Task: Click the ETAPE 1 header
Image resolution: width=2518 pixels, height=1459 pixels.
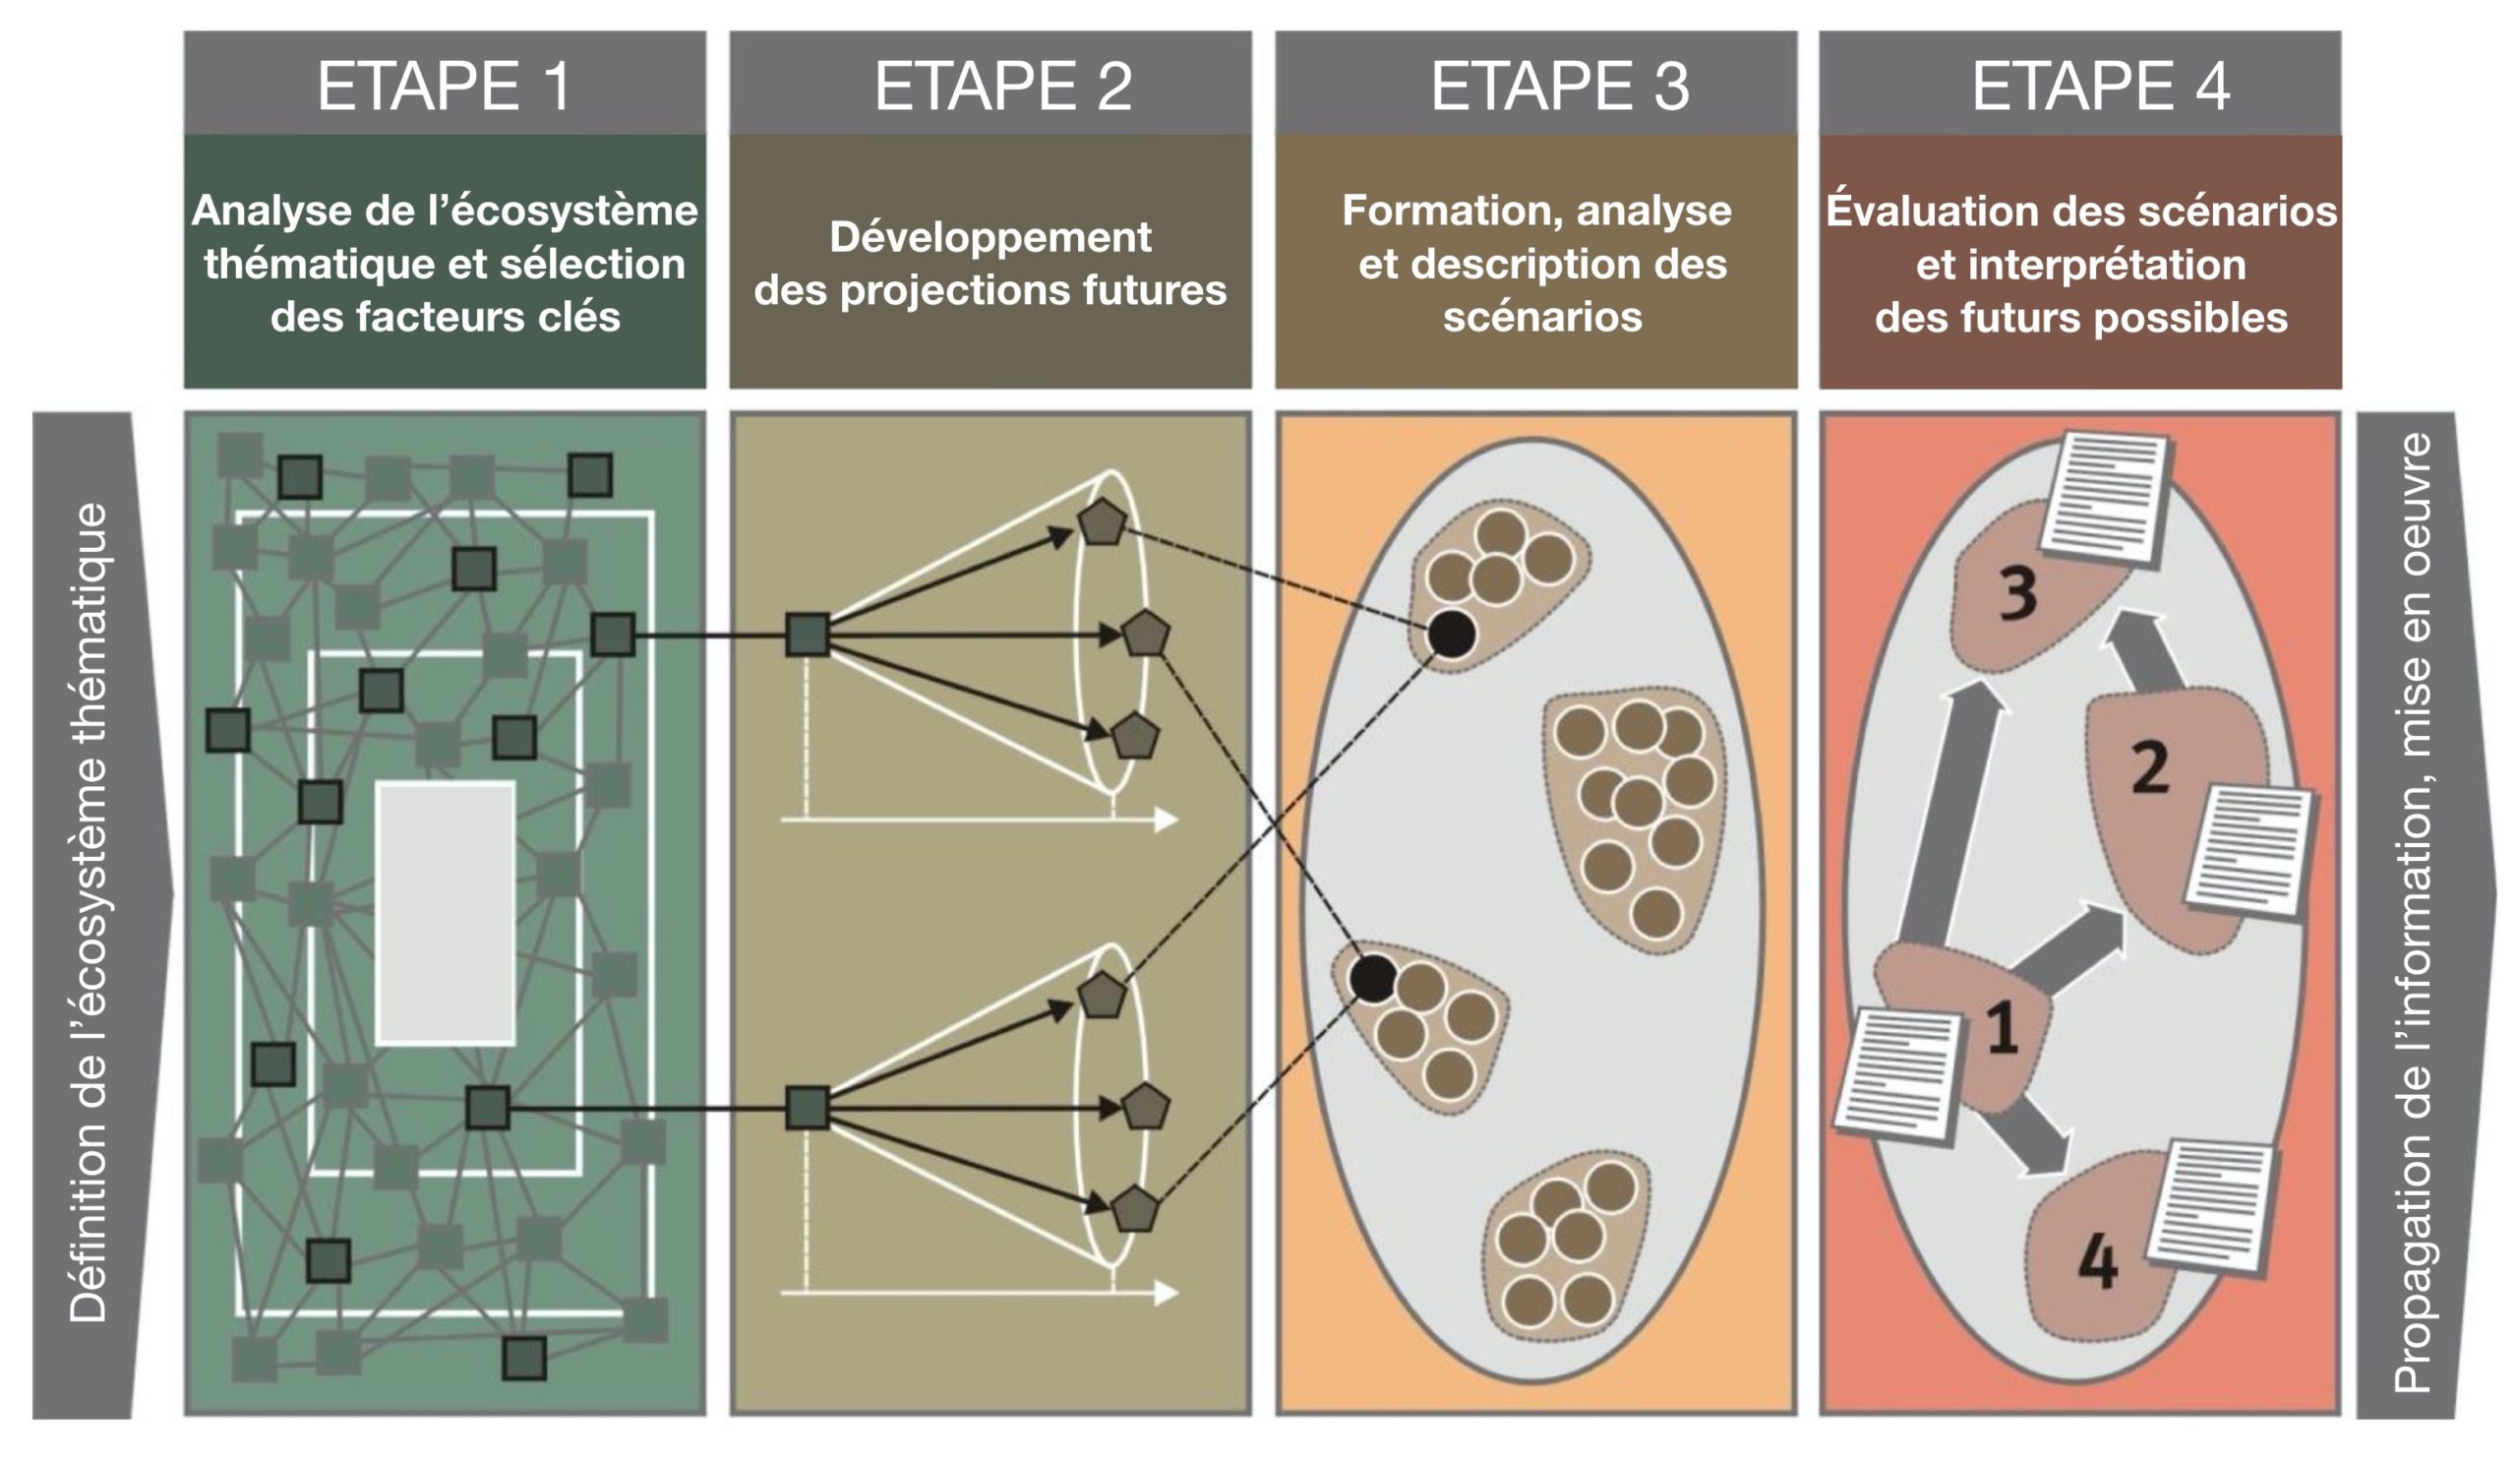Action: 445,85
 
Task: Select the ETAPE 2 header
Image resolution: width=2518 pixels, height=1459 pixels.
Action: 1002,85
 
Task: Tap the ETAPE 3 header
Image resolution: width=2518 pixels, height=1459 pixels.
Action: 1559,85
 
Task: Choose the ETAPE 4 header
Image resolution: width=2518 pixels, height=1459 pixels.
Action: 2100,85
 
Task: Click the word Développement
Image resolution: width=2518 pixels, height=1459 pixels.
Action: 990,238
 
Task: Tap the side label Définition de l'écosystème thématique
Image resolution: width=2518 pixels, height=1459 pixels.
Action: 88,911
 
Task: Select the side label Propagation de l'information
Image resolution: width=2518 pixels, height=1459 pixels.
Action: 2412,911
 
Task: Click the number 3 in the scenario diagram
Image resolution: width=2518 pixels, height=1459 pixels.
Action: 2017,593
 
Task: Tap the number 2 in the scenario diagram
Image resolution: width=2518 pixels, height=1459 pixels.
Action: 2150,766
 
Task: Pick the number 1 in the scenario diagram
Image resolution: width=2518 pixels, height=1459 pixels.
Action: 2002,1029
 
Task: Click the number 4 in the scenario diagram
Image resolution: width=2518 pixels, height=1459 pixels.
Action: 2097,1261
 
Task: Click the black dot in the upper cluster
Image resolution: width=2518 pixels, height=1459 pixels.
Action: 1452,634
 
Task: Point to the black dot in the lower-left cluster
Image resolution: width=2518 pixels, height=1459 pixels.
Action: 1373,978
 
